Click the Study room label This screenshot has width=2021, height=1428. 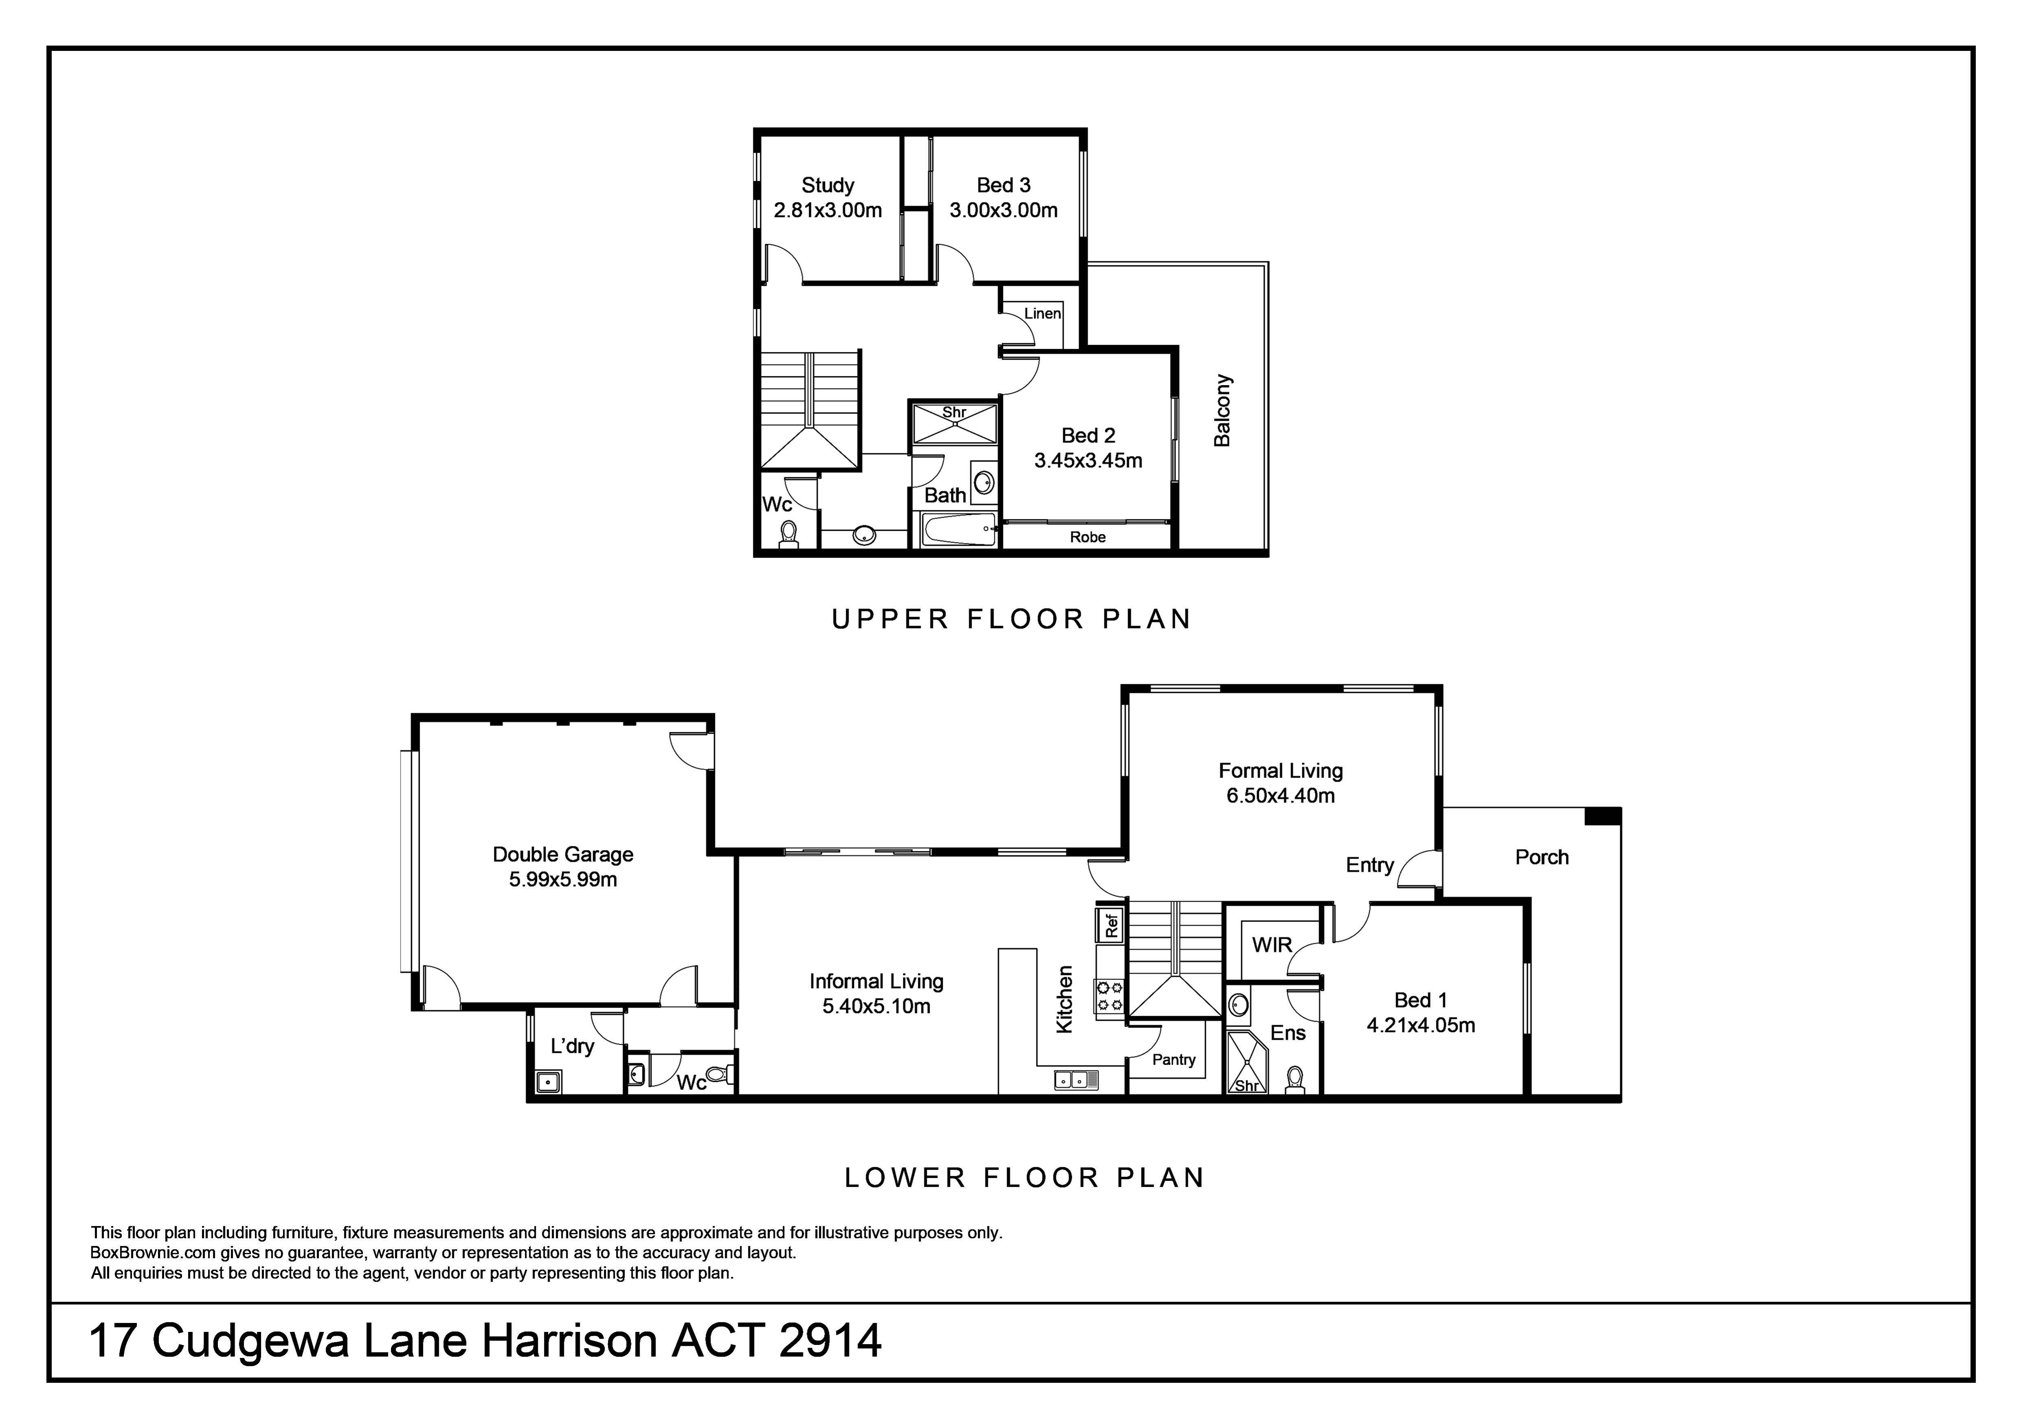click(827, 186)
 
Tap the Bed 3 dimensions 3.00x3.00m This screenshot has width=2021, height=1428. click(1003, 210)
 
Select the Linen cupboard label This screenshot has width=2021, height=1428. click(1042, 313)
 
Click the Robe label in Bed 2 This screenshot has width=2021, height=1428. click(1088, 537)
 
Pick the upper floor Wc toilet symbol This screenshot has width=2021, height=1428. click(789, 534)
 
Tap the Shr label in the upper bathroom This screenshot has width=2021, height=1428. click(954, 412)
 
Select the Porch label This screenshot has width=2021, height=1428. click(1542, 857)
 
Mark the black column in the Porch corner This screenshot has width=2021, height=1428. click(1602, 816)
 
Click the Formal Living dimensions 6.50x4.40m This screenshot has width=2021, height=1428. click(1281, 796)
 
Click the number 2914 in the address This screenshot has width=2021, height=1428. click(830, 1341)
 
